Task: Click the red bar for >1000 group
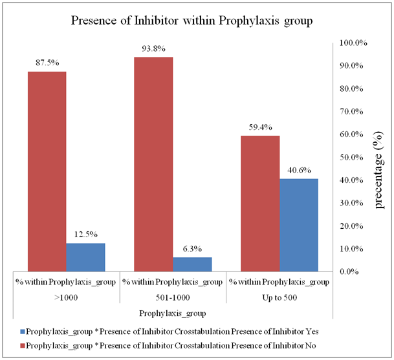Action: click(47, 171)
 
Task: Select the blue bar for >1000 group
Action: click(85, 257)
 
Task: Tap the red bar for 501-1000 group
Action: click(153, 164)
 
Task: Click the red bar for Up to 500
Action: click(259, 203)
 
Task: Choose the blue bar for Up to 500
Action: click(298, 224)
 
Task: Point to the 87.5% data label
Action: click(47, 63)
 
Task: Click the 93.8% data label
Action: click(153, 48)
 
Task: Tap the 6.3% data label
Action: click(192, 248)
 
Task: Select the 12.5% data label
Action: click(85, 234)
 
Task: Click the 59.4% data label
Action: click(259, 127)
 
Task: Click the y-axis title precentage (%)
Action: click(380, 157)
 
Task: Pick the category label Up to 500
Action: click(279, 298)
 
